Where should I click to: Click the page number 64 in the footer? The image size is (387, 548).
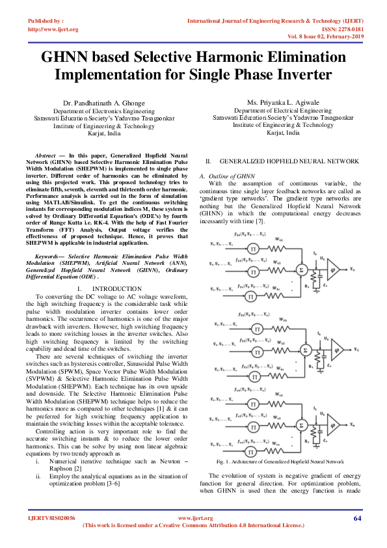[x=357, y=518]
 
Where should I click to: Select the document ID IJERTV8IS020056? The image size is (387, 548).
[x=51, y=518]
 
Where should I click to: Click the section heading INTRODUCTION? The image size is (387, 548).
[x=117, y=288]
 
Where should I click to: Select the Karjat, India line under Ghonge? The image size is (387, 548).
[x=104, y=132]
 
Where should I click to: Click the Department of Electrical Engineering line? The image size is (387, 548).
[x=284, y=111]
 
